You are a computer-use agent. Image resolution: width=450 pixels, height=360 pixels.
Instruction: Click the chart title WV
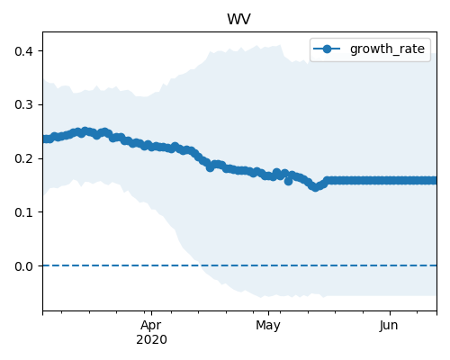(x=238, y=20)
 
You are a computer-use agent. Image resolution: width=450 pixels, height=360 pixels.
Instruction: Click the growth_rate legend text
(x=387, y=49)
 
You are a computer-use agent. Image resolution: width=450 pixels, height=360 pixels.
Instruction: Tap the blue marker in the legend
(x=327, y=49)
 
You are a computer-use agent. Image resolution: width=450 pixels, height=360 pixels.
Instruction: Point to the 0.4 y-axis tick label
(x=23, y=51)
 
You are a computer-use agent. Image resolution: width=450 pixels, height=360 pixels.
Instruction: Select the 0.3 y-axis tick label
(x=23, y=105)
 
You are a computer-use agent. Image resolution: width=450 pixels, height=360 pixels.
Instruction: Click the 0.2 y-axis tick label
(x=23, y=158)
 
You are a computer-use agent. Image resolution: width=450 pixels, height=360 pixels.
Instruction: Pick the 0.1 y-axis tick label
(x=23, y=212)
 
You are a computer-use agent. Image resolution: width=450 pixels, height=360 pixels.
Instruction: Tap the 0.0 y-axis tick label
(x=23, y=266)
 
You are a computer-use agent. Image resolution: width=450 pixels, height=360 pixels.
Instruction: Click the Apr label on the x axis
(x=151, y=326)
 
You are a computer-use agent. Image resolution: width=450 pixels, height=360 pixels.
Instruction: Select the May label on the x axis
(x=268, y=326)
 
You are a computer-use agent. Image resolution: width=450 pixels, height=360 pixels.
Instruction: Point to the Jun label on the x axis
(x=389, y=326)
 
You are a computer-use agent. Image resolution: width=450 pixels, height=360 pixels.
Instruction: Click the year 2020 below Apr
(x=151, y=340)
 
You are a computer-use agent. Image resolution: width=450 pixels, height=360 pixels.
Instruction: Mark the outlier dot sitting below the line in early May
(x=288, y=181)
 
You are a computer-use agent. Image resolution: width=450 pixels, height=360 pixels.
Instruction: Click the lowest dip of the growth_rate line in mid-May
(x=315, y=187)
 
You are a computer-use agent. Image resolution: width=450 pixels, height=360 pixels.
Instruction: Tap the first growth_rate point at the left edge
(x=44, y=139)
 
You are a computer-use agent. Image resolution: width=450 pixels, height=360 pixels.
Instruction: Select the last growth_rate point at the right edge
(x=435, y=181)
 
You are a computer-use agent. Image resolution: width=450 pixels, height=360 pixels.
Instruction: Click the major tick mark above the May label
(x=268, y=313)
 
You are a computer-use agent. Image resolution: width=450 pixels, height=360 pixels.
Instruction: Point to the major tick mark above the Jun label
(x=390, y=313)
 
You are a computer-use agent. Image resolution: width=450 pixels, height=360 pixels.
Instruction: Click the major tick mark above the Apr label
(x=151, y=313)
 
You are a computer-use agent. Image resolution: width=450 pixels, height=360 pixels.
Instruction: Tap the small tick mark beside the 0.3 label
(x=40, y=104)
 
